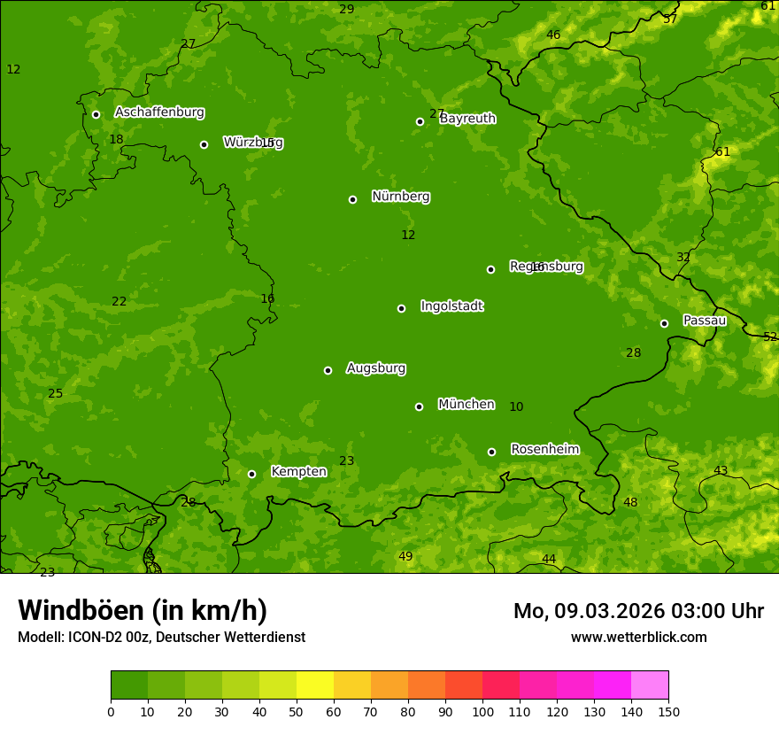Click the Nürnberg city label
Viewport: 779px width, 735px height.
coord(401,197)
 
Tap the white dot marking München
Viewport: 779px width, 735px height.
coord(419,406)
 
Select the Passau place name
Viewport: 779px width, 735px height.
coord(705,321)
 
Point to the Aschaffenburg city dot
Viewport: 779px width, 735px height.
coord(96,114)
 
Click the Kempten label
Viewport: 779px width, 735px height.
coord(298,472)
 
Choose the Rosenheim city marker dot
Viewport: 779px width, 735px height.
coord(491,452)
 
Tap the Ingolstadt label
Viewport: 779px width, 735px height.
coord(451,306)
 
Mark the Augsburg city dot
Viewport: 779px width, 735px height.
coord(328,370)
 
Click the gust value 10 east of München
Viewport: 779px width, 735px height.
coord(516,407)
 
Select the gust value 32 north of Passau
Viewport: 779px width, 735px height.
coord(683,258)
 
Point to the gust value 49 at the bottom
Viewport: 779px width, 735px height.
coord(405,557)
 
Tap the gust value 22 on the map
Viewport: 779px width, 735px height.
coord(120,302)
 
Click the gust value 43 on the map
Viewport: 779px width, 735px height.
coord(721,471)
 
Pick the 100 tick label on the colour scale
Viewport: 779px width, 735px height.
coord(482,711)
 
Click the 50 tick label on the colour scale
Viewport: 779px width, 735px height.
coord(297,711)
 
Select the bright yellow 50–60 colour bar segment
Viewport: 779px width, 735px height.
coord(315,685)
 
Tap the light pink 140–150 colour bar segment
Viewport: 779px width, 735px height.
coord(650,685)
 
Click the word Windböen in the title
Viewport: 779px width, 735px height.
coord(80,611)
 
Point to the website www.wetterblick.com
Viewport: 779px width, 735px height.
coord(638,638)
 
